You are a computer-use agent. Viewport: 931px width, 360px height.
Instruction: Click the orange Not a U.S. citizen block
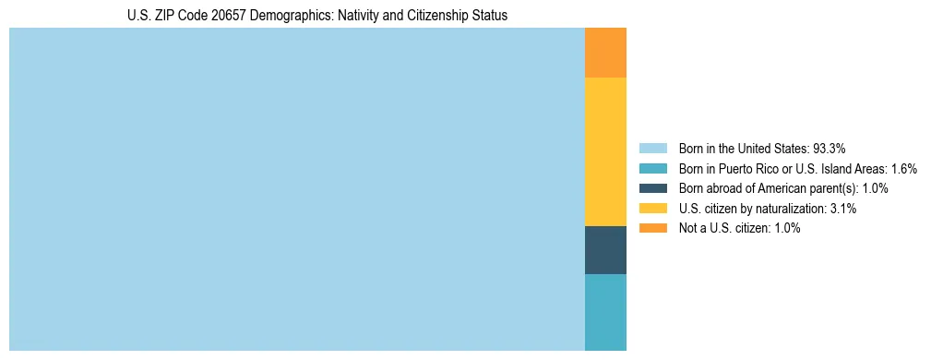605,53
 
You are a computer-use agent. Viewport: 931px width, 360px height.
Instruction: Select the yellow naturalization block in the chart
605,151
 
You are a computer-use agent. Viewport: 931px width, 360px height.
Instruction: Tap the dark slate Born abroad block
605,249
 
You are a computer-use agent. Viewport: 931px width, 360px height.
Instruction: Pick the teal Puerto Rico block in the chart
605,312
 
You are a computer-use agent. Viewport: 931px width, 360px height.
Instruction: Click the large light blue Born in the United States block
296,189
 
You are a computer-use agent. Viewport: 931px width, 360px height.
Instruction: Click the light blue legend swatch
652,148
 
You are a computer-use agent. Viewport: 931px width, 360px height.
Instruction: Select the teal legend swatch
652,168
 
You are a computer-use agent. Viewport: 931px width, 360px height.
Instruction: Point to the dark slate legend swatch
652,188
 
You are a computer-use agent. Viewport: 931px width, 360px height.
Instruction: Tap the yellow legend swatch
652,209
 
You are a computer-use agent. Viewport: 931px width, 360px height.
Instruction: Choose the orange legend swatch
652,228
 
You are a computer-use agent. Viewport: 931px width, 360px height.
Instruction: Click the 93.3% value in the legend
830,148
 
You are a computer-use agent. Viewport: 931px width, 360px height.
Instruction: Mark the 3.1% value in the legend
842,209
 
